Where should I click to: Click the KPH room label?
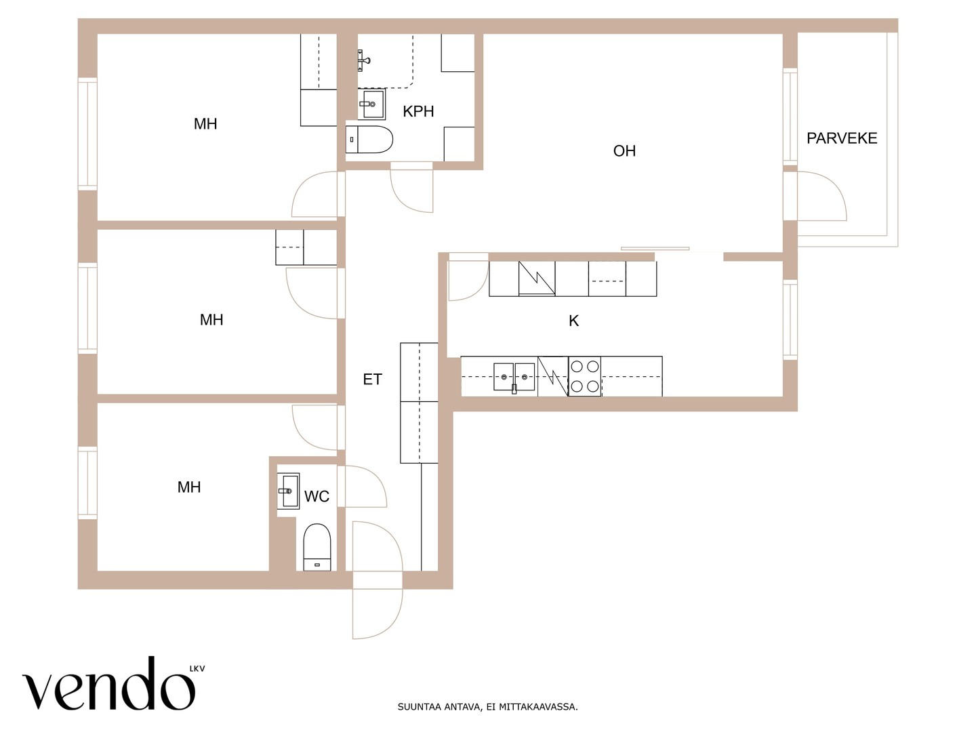(x=418, y=111)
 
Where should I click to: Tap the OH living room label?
(x=624, y=151)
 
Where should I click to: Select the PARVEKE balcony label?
(x=842, y=138)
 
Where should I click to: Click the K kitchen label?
(x=573, y=321)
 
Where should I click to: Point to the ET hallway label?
(x=372, y=379)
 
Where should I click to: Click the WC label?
(x=317, y=496)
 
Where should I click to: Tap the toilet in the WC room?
(x=317, y=547)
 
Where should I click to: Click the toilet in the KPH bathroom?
(x=369, y=140)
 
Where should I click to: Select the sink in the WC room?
(x=288, y=491)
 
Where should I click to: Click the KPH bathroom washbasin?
(x=371, y=104)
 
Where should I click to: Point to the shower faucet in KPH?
(x=363, y=60)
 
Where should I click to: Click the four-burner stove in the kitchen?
(x=584, y=376)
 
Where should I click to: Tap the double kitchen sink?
(x=514, y=377)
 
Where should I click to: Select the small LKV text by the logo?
(x=197, y=668)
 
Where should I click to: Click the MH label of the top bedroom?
(x=205, y=123)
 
